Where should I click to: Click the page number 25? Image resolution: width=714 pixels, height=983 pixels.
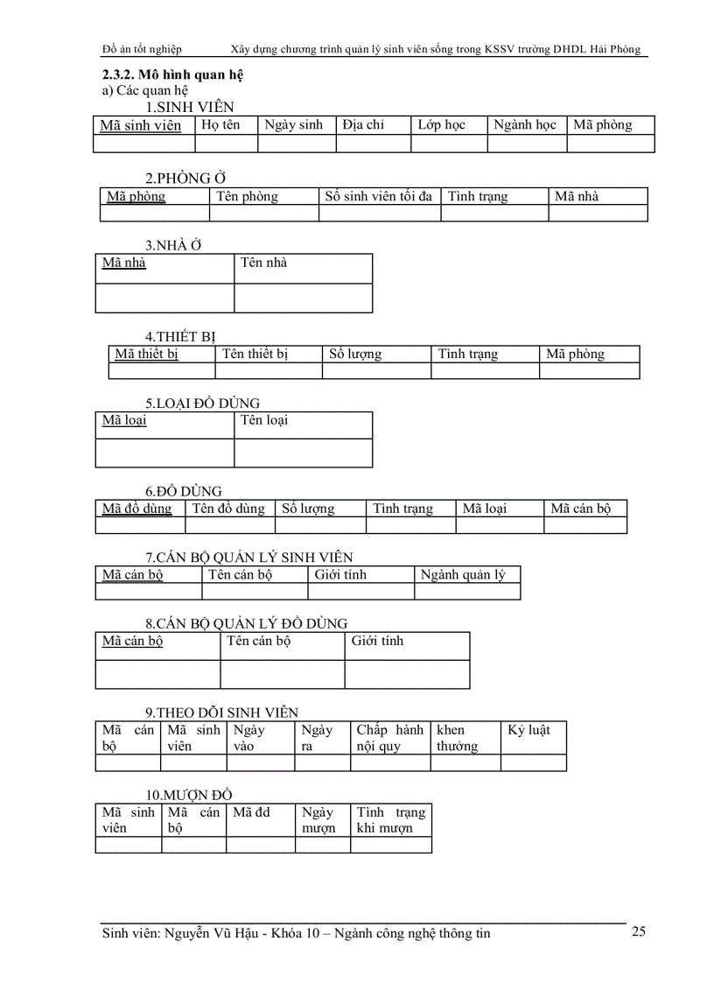(638, 930)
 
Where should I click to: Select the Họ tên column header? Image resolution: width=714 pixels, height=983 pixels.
(220, 125)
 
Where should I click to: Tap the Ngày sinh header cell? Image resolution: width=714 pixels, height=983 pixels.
(294, 125)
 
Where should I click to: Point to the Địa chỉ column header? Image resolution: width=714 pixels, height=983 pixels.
(363, 125)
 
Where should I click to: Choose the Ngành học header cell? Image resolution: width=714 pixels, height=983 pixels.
(525, 125)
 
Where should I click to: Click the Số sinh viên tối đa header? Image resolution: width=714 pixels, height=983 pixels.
(379, 196)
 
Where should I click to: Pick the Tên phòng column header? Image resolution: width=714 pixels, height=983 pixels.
(248, 196)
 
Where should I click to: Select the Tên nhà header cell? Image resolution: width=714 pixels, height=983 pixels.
(264, 263)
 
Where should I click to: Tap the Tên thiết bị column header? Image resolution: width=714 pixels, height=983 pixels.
(255, 355)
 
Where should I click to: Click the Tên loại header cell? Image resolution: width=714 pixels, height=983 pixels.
(264, 420)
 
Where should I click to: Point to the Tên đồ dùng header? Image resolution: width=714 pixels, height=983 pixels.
(228, 509)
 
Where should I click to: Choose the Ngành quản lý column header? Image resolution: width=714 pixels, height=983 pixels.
(463, 575)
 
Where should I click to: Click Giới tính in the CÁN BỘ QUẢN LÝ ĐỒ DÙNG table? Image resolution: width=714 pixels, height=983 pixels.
(377, 641)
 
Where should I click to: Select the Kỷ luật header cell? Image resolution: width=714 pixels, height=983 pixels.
(529, 730)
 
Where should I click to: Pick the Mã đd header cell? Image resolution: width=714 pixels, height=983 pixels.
(252, 812)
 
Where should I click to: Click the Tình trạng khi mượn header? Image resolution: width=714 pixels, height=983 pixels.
(391, 820)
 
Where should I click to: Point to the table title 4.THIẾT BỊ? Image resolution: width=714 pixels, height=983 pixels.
(180, 336)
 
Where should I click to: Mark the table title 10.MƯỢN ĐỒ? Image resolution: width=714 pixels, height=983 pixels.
(189, 795)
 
